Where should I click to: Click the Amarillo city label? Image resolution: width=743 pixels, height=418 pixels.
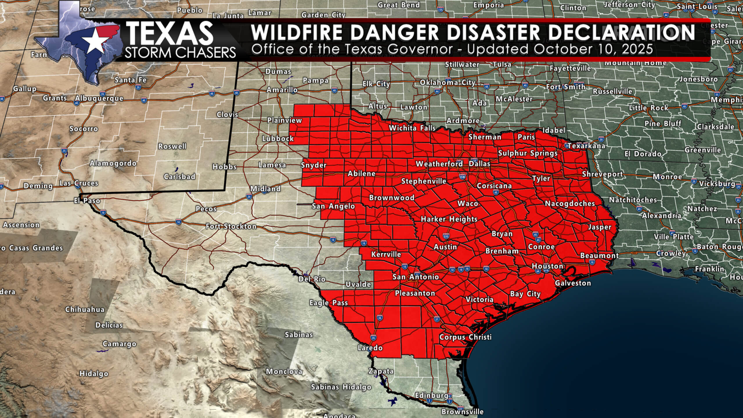(x=282, y=90)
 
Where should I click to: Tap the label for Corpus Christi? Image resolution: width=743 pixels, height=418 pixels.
(x=465, y=337)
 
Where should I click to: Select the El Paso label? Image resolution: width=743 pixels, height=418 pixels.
(x=87, y=201)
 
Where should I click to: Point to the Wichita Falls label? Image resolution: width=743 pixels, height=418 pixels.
(x=412, y=128)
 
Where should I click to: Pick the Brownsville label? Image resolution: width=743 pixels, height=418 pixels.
(x=462, y=412)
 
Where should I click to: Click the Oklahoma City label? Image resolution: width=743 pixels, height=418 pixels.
(x=447, y=83)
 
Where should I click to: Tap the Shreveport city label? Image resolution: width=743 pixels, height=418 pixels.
(x=603, y=174)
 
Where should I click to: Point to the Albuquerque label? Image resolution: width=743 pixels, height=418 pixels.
(x=99, y=99)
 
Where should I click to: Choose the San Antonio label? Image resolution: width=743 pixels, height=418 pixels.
(x=416, y=277)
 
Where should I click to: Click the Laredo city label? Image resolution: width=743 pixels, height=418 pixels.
(x=370, y=347)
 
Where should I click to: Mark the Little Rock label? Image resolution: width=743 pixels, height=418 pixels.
(x=649, y=108)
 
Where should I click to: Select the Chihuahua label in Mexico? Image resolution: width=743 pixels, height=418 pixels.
(x=85, y=309)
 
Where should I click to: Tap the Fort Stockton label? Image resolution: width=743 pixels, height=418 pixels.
(x=231, y=226)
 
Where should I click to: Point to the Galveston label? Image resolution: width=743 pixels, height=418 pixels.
(x=573, y=283)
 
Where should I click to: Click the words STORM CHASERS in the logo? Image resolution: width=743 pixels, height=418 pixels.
(x=180, y=53)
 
